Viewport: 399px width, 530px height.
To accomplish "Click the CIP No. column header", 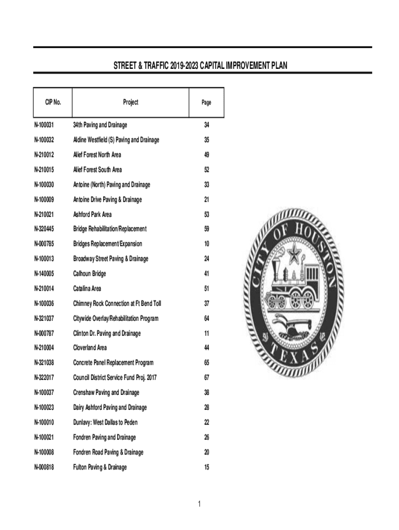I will coord(50,102).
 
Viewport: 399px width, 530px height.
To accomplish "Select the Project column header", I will coord(131,102).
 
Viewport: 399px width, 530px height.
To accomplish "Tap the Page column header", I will coord(206,103).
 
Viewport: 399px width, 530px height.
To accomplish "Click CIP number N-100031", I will coord(45,125).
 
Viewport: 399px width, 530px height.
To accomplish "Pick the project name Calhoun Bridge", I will coord(90,274).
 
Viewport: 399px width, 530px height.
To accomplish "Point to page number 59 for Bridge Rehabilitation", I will coord(206,229).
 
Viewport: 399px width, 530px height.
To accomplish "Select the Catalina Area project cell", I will coord(87,289).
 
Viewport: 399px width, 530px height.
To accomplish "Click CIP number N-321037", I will coord(45,318).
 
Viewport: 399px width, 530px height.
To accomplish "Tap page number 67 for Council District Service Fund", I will coord(206,378).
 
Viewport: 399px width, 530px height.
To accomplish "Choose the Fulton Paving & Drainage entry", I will coord(99,467).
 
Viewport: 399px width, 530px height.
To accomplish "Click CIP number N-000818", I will coord(45,467).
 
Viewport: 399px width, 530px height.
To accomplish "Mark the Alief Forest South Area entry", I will coord(97,170).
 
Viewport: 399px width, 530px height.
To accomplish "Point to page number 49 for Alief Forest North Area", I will coord(206,155).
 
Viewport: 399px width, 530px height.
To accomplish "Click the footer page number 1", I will coord(199,504).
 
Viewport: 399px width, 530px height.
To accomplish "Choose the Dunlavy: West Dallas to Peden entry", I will coord(106,423).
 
